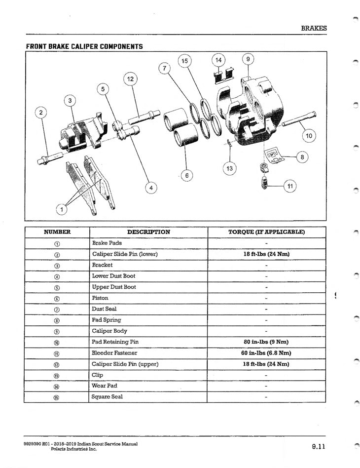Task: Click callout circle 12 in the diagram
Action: click(x=130, y=79)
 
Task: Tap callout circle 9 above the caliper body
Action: click(x=248, y=59)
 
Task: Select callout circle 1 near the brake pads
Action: click(x=62, y=210)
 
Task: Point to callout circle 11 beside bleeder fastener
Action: click(x=289, y=186)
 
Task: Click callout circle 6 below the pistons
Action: click(x=186, y=175)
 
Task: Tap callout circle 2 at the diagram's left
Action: click(x=41, y=113)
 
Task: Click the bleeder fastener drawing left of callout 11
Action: click(x=265, y=184)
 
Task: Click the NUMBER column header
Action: click(x=57, y=232)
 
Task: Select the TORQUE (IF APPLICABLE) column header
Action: click(x=266, y=232)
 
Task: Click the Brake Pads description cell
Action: click(x=107, y=243)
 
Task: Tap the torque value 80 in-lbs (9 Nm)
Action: click(x=266, y=342)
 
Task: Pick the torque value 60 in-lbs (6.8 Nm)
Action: click(x=266, y=353)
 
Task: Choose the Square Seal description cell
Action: click(x=107, y=396)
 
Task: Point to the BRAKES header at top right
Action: click(x=314, y=28)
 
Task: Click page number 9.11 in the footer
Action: click(x=318, y=447)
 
